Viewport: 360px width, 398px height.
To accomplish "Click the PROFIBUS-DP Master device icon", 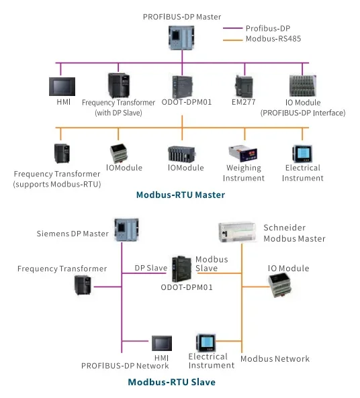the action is (181, 38).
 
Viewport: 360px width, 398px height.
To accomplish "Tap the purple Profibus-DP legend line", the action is (232, 28).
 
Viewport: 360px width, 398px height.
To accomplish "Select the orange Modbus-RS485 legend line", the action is (232, 40).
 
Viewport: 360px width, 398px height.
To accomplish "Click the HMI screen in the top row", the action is (62, 87).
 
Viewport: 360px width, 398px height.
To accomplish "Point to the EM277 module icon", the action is (244, 87).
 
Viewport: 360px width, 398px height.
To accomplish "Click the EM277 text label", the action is (243, 102).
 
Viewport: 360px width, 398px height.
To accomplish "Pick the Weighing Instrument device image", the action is (243, 153).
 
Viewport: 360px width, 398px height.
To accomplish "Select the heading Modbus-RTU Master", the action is (181, 195).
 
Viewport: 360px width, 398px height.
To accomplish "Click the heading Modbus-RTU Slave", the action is (172, 382).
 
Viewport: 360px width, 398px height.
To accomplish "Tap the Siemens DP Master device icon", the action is (126, 230).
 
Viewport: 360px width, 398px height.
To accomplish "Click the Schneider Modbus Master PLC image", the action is (237, 232).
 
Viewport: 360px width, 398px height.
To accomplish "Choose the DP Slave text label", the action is (151, 268).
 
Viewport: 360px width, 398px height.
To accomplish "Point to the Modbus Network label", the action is (275, 358).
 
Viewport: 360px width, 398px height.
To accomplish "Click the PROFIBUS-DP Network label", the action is (125, 366).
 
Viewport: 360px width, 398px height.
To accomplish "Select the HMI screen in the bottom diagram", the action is (162, 343).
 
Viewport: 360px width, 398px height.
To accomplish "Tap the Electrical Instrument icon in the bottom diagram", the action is (206, 343).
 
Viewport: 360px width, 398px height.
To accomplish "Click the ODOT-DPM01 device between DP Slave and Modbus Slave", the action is (181, 269).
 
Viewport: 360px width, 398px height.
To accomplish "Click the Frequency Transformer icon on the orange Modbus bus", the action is (62, 153).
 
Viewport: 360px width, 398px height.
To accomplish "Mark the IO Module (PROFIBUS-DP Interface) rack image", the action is (303, 85).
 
